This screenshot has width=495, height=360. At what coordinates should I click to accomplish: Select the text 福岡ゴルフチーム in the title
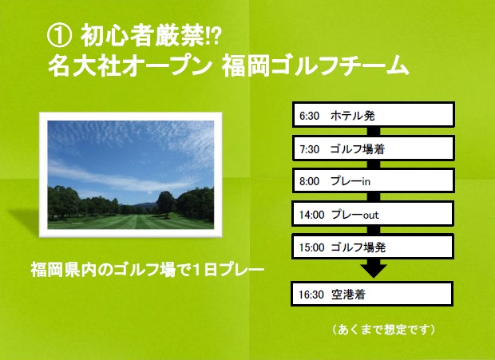(x=315, y=66)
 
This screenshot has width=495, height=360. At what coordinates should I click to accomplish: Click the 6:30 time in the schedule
(x=310, y=116)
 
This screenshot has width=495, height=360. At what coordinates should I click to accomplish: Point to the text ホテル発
(x=352, y=116)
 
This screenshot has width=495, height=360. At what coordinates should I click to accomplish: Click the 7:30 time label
(x=310, y=149)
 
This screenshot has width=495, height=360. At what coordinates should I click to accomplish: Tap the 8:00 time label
(x=310, y=181)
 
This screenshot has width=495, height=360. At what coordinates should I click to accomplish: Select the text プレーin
(x=350, y=181)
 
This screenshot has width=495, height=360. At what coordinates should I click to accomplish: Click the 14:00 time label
(x=312, y=215)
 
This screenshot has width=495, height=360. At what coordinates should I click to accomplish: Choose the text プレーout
(x=354, y=215)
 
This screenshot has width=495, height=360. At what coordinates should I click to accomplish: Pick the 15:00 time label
(x=312, y=247)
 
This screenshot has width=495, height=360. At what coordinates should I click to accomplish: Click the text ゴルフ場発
(x=358, y=247)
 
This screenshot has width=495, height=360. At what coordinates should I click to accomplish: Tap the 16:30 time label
(x=311, y=295)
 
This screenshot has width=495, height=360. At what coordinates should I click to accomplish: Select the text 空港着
(x=348, y=295)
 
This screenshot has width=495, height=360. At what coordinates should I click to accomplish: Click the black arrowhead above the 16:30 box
(x=374, y=270)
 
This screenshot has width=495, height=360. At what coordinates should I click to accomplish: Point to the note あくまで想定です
(x=383, y=330)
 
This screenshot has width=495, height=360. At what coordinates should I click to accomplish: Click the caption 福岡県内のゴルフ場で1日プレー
(x=147, y=270)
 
